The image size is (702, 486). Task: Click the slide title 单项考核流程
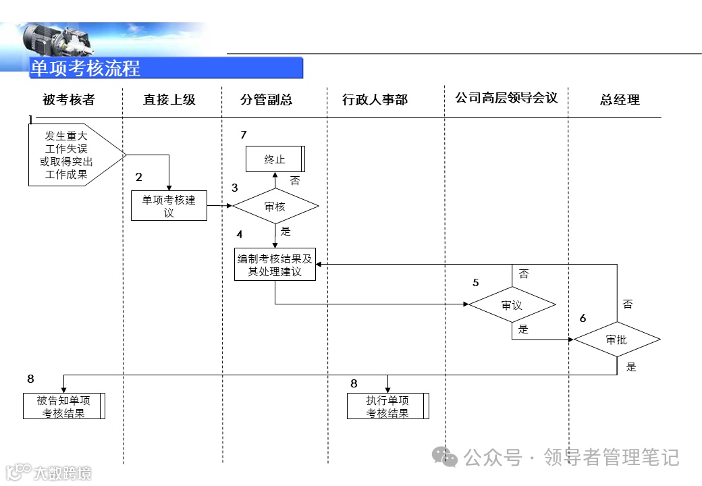[86, 68]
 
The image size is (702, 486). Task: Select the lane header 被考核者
[69, 100]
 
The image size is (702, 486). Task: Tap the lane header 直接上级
[169, 100]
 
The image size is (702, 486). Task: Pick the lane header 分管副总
[267, 100]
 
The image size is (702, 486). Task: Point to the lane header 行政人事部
[375, 100]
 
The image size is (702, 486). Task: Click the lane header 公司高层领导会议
[506, 98]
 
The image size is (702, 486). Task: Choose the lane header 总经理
[620, 100]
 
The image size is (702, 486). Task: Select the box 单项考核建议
[169, 206]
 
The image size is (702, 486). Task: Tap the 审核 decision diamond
[275, 207]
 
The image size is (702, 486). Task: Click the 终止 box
[275, 159]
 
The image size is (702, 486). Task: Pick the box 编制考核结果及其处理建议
[275, 265]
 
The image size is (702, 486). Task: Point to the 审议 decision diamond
[512, 305]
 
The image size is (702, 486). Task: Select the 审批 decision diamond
[616, 340]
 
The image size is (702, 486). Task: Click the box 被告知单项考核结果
[64, 406]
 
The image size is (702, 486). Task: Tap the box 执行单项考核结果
[388, 406]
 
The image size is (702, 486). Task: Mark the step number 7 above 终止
[244, 135]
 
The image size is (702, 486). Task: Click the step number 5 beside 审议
[476, 282]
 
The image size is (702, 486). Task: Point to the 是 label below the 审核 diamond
[286, 232]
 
